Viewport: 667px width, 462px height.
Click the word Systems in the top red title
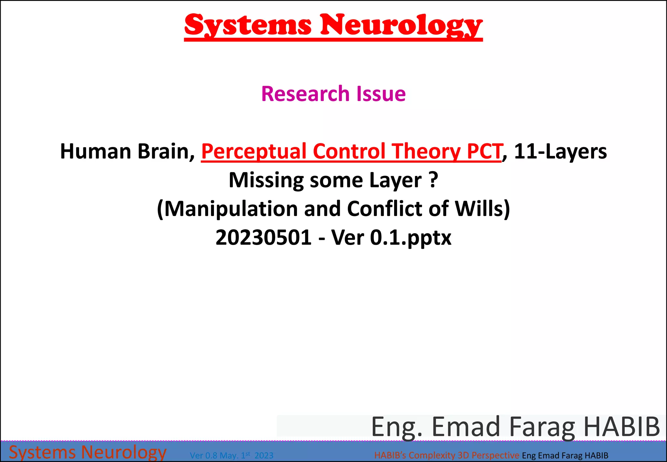(x=248, y=25)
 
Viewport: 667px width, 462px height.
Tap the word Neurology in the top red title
(x=401, y=25)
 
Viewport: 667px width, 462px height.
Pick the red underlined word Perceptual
(x=254, y=152)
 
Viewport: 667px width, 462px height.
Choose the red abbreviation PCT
(x=484, y=152)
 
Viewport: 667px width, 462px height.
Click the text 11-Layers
(x=560, y=152)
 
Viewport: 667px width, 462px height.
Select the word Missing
(x=266, y=180)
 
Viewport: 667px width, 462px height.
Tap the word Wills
(x=479, y=209)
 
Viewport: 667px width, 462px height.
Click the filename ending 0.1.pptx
(x=410, y=237)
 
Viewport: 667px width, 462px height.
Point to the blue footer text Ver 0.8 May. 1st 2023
(x=232, y=455)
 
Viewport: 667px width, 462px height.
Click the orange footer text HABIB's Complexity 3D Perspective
(x=447, y=455)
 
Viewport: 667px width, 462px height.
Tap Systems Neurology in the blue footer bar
(x=87, y=452)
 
